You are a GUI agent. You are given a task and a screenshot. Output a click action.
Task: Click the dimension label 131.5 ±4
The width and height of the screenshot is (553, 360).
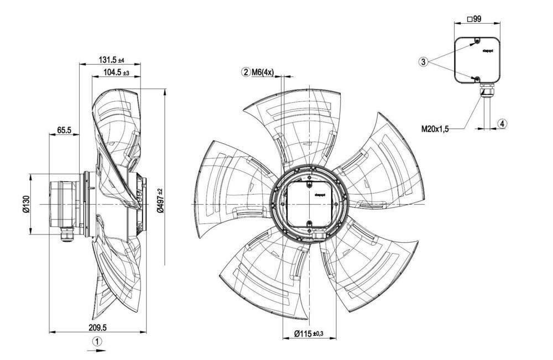[112, 60]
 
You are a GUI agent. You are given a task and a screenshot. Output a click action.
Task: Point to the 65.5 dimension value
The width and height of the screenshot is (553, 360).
[64, 131]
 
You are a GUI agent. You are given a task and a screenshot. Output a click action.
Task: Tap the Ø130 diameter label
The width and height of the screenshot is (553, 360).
[25, 205]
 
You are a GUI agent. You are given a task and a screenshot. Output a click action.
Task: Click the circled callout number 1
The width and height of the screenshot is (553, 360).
[97, 341]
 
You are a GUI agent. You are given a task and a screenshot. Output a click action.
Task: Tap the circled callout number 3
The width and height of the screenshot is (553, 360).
[424, 62]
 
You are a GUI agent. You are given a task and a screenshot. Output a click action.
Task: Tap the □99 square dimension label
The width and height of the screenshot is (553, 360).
[474, 19]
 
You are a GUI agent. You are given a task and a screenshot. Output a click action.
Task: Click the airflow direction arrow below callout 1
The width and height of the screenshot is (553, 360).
[97, 350]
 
